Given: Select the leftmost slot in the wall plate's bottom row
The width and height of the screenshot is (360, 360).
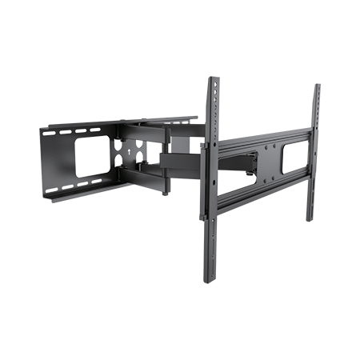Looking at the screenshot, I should point(58,190).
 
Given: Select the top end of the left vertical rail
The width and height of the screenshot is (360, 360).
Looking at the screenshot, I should point(213,81).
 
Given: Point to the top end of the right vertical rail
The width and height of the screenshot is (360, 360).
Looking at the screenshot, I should point(317,86).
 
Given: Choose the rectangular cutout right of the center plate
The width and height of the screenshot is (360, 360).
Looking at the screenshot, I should point(294,151).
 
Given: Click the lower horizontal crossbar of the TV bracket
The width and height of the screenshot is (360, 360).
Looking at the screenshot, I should point(260,190).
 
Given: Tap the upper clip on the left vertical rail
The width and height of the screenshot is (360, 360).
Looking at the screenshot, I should point(208,149).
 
